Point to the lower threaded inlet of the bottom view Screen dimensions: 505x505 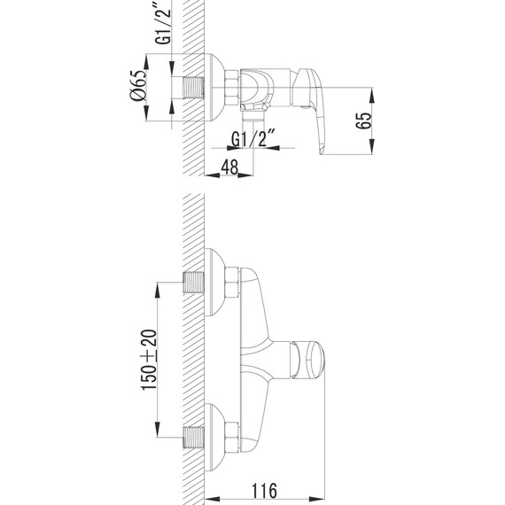(194, 435)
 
